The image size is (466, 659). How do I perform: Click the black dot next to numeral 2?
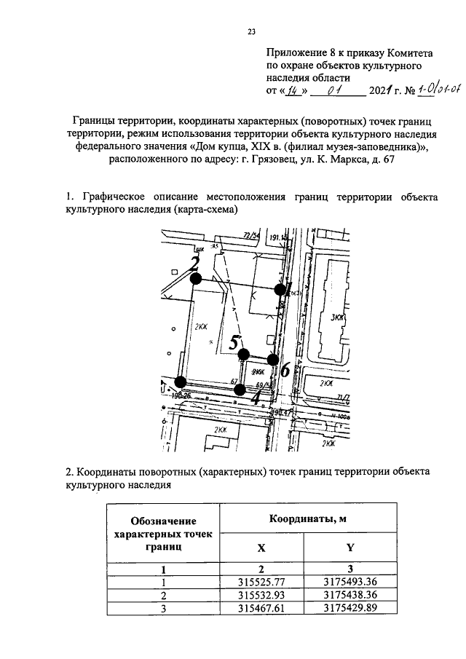coord(194,278)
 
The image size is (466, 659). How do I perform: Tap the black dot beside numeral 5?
coord(243,354)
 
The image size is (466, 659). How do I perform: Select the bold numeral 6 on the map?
coord(285,370)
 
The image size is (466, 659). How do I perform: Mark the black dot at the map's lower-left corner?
coord(181,382)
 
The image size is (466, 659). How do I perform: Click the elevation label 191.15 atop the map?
coord(279,237)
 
